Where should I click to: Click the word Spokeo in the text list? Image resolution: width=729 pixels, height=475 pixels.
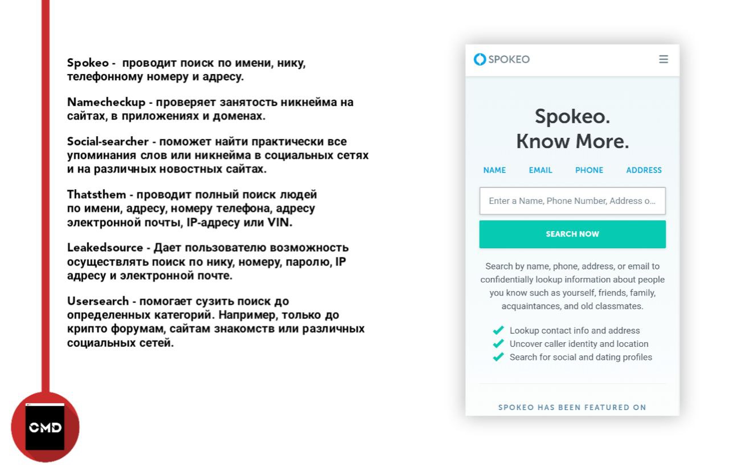point(88,63)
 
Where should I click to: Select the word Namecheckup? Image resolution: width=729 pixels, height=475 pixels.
point(107,103)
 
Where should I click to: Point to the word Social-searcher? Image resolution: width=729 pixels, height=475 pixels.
point(108,142)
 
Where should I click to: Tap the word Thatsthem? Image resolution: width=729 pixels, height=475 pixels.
point(96,195)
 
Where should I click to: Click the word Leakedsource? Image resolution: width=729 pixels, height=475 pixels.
point(105,248)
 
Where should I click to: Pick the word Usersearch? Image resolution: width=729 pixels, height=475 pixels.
point(101,301)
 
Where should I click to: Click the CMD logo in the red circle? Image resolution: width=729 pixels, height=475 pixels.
point(45,427)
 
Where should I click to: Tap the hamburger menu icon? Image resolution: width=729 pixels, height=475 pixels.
point(664,59)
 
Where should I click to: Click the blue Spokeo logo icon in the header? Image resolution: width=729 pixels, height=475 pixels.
point(480,59)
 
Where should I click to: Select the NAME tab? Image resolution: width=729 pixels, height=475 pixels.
point(494,170)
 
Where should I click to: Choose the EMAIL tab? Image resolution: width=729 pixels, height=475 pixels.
point(540,170)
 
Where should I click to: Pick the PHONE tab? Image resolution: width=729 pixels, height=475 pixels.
point(589,170)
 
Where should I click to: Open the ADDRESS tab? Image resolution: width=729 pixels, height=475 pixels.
point(644,170)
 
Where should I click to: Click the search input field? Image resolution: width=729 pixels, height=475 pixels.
point(572,201)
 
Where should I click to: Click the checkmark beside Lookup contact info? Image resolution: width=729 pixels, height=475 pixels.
point(498,330)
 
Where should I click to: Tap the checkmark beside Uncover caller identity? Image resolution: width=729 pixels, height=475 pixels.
point(498,343)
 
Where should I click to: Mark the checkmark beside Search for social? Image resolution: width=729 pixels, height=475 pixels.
point(498,357)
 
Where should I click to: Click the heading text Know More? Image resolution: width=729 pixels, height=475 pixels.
point(572,142)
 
